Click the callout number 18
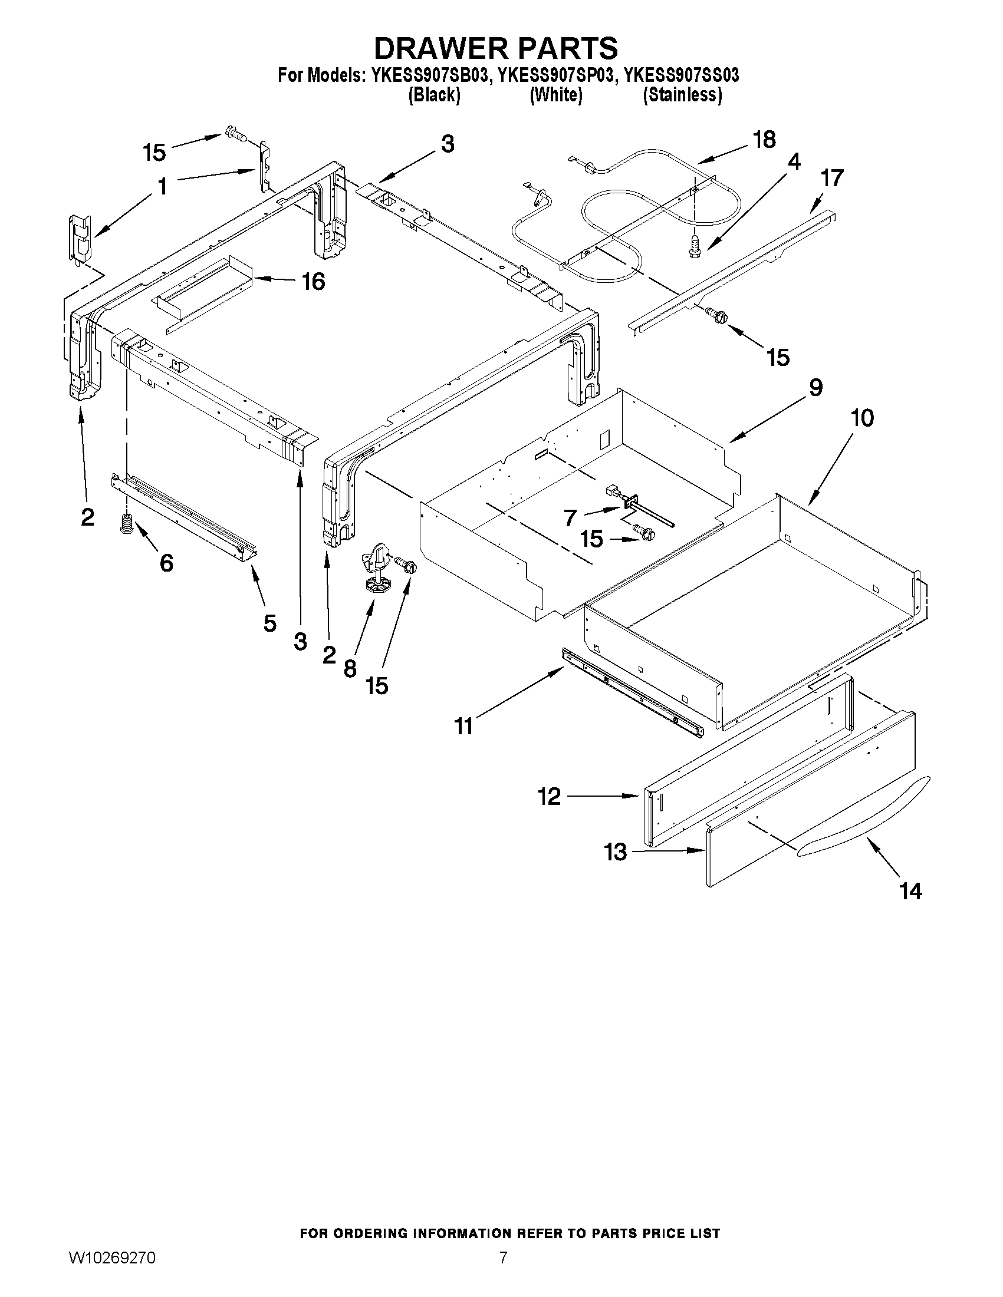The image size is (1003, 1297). coord(764,140)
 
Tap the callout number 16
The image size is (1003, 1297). coord(313,282)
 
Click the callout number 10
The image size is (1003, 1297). coord(862,418)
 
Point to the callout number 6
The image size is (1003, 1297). coord(166,562)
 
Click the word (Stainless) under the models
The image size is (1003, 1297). coord(682,95)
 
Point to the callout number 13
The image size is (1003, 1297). coord(616,852)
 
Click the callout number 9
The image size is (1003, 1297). coord(815,388)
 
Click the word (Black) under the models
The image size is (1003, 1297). coord(434,95)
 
